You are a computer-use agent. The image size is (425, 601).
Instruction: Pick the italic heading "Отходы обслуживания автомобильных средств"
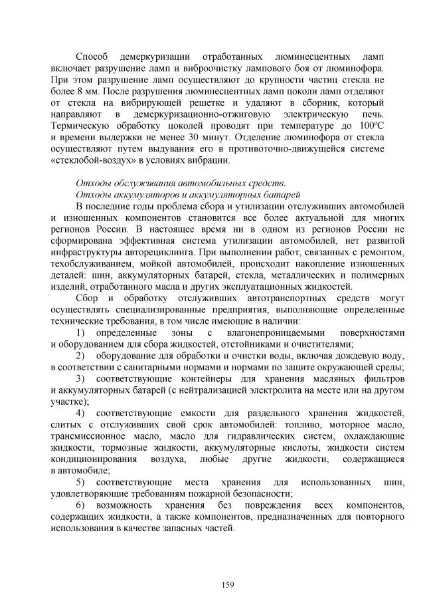click(x=181, y=183)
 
